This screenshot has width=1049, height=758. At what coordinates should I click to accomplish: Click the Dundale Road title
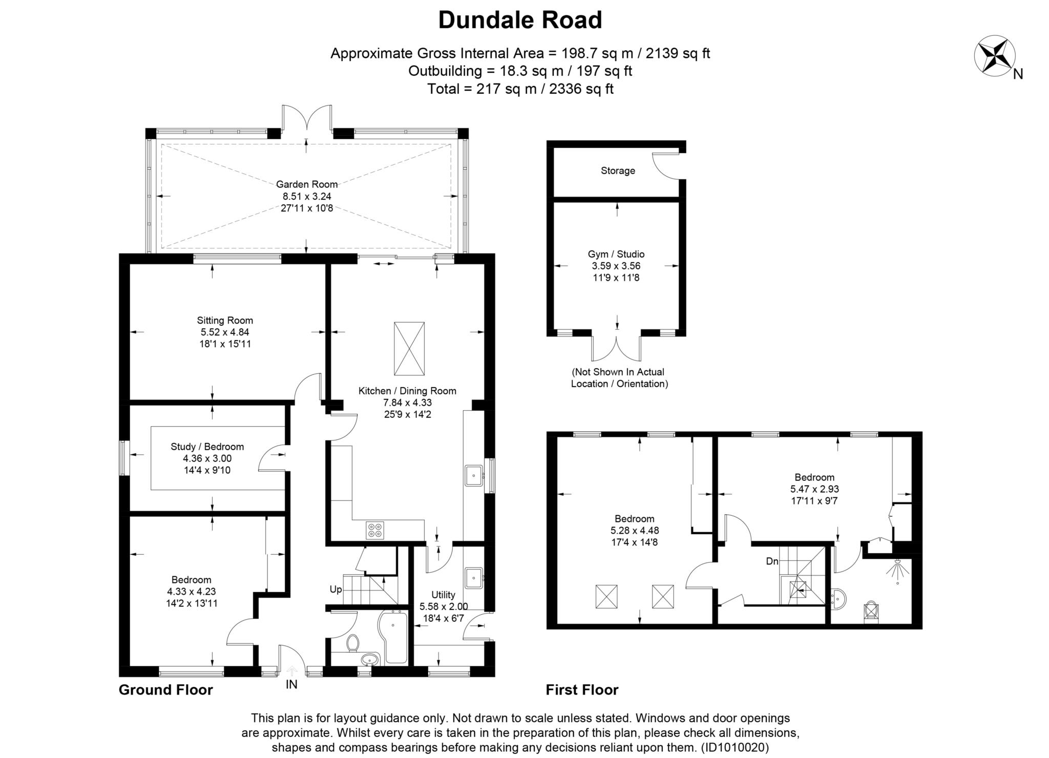pos(520,20)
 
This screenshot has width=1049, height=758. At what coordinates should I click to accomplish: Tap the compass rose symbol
pos(994,56)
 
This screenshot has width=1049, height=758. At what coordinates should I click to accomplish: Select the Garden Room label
pos(307,184)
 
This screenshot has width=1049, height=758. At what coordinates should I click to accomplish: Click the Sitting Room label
pos(225,321)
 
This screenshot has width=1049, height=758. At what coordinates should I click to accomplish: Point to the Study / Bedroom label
pos(207,447)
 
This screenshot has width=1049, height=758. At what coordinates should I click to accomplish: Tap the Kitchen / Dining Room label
pos(407,391)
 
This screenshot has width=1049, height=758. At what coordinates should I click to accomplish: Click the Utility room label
pos(443,595)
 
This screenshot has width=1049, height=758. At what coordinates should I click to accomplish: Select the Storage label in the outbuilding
pos(618,171)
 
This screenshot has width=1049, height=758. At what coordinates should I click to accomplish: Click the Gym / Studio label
pos(616,254)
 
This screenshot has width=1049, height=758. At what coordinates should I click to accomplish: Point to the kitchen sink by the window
pos(474,475)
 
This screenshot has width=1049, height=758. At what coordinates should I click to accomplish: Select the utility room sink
pos(474,577)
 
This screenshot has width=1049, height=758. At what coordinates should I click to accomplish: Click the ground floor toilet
pos(352,643)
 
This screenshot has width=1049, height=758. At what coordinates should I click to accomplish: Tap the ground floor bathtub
pos(393,637)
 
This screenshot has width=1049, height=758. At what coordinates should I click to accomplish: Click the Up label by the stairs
pos(335,589)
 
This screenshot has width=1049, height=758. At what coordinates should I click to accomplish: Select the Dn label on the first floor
pos(772,561)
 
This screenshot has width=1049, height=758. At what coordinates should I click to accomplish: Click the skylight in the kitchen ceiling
pos(409,348)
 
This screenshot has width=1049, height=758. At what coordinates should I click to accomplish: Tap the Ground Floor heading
pos(165,690)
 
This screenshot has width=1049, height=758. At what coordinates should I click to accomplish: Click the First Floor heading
pos(582,690)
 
